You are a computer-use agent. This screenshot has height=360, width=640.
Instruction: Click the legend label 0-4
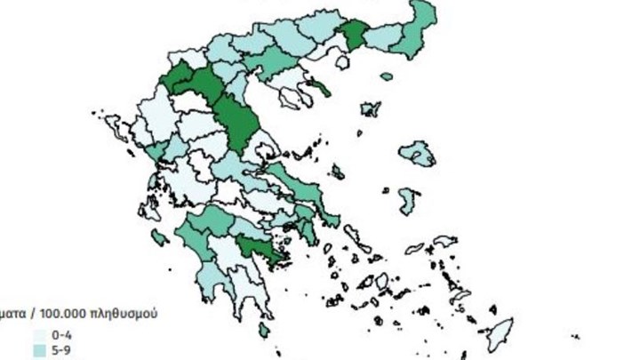(62, 334)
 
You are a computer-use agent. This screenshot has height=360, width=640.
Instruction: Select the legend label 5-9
(62, 350)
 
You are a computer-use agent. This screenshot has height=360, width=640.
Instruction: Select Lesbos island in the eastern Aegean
(417, 155)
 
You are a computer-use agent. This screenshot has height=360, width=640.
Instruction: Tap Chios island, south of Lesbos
(408, 200)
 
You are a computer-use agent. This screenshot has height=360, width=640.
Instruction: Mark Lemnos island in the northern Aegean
(370, 109)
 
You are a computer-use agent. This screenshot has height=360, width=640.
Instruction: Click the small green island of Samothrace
(386, 76)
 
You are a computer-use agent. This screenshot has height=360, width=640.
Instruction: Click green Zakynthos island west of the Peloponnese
(161, 237)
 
